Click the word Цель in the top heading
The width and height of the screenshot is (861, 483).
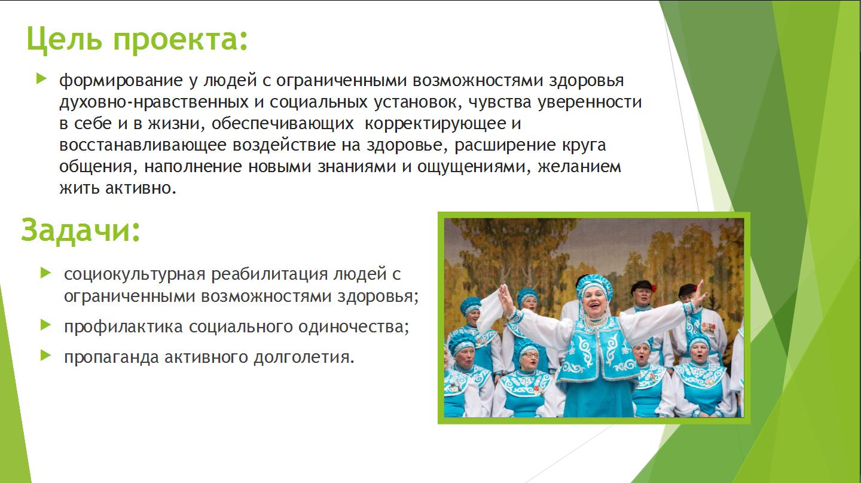pos(64,39)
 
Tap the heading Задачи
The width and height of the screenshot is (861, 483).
pos(80,230)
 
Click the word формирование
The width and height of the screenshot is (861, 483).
pos(121,81)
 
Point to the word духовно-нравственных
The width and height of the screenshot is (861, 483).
pos(154,102)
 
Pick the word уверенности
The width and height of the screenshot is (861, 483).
pos(590,103)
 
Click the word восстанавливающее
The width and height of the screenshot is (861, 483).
pos(142,145)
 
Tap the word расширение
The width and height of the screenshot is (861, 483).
pos(505,145)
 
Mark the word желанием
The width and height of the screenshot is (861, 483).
pos(579,167)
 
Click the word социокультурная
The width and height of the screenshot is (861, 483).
pos(134,275)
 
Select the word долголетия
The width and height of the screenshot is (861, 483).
pos(304,357)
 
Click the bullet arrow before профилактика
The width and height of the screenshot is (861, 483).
pos(45,325)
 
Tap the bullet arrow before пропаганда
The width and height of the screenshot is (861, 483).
pos(45,356)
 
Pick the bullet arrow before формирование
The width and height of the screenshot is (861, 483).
pos(41,79)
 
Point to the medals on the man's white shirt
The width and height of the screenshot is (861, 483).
pos(708,327)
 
